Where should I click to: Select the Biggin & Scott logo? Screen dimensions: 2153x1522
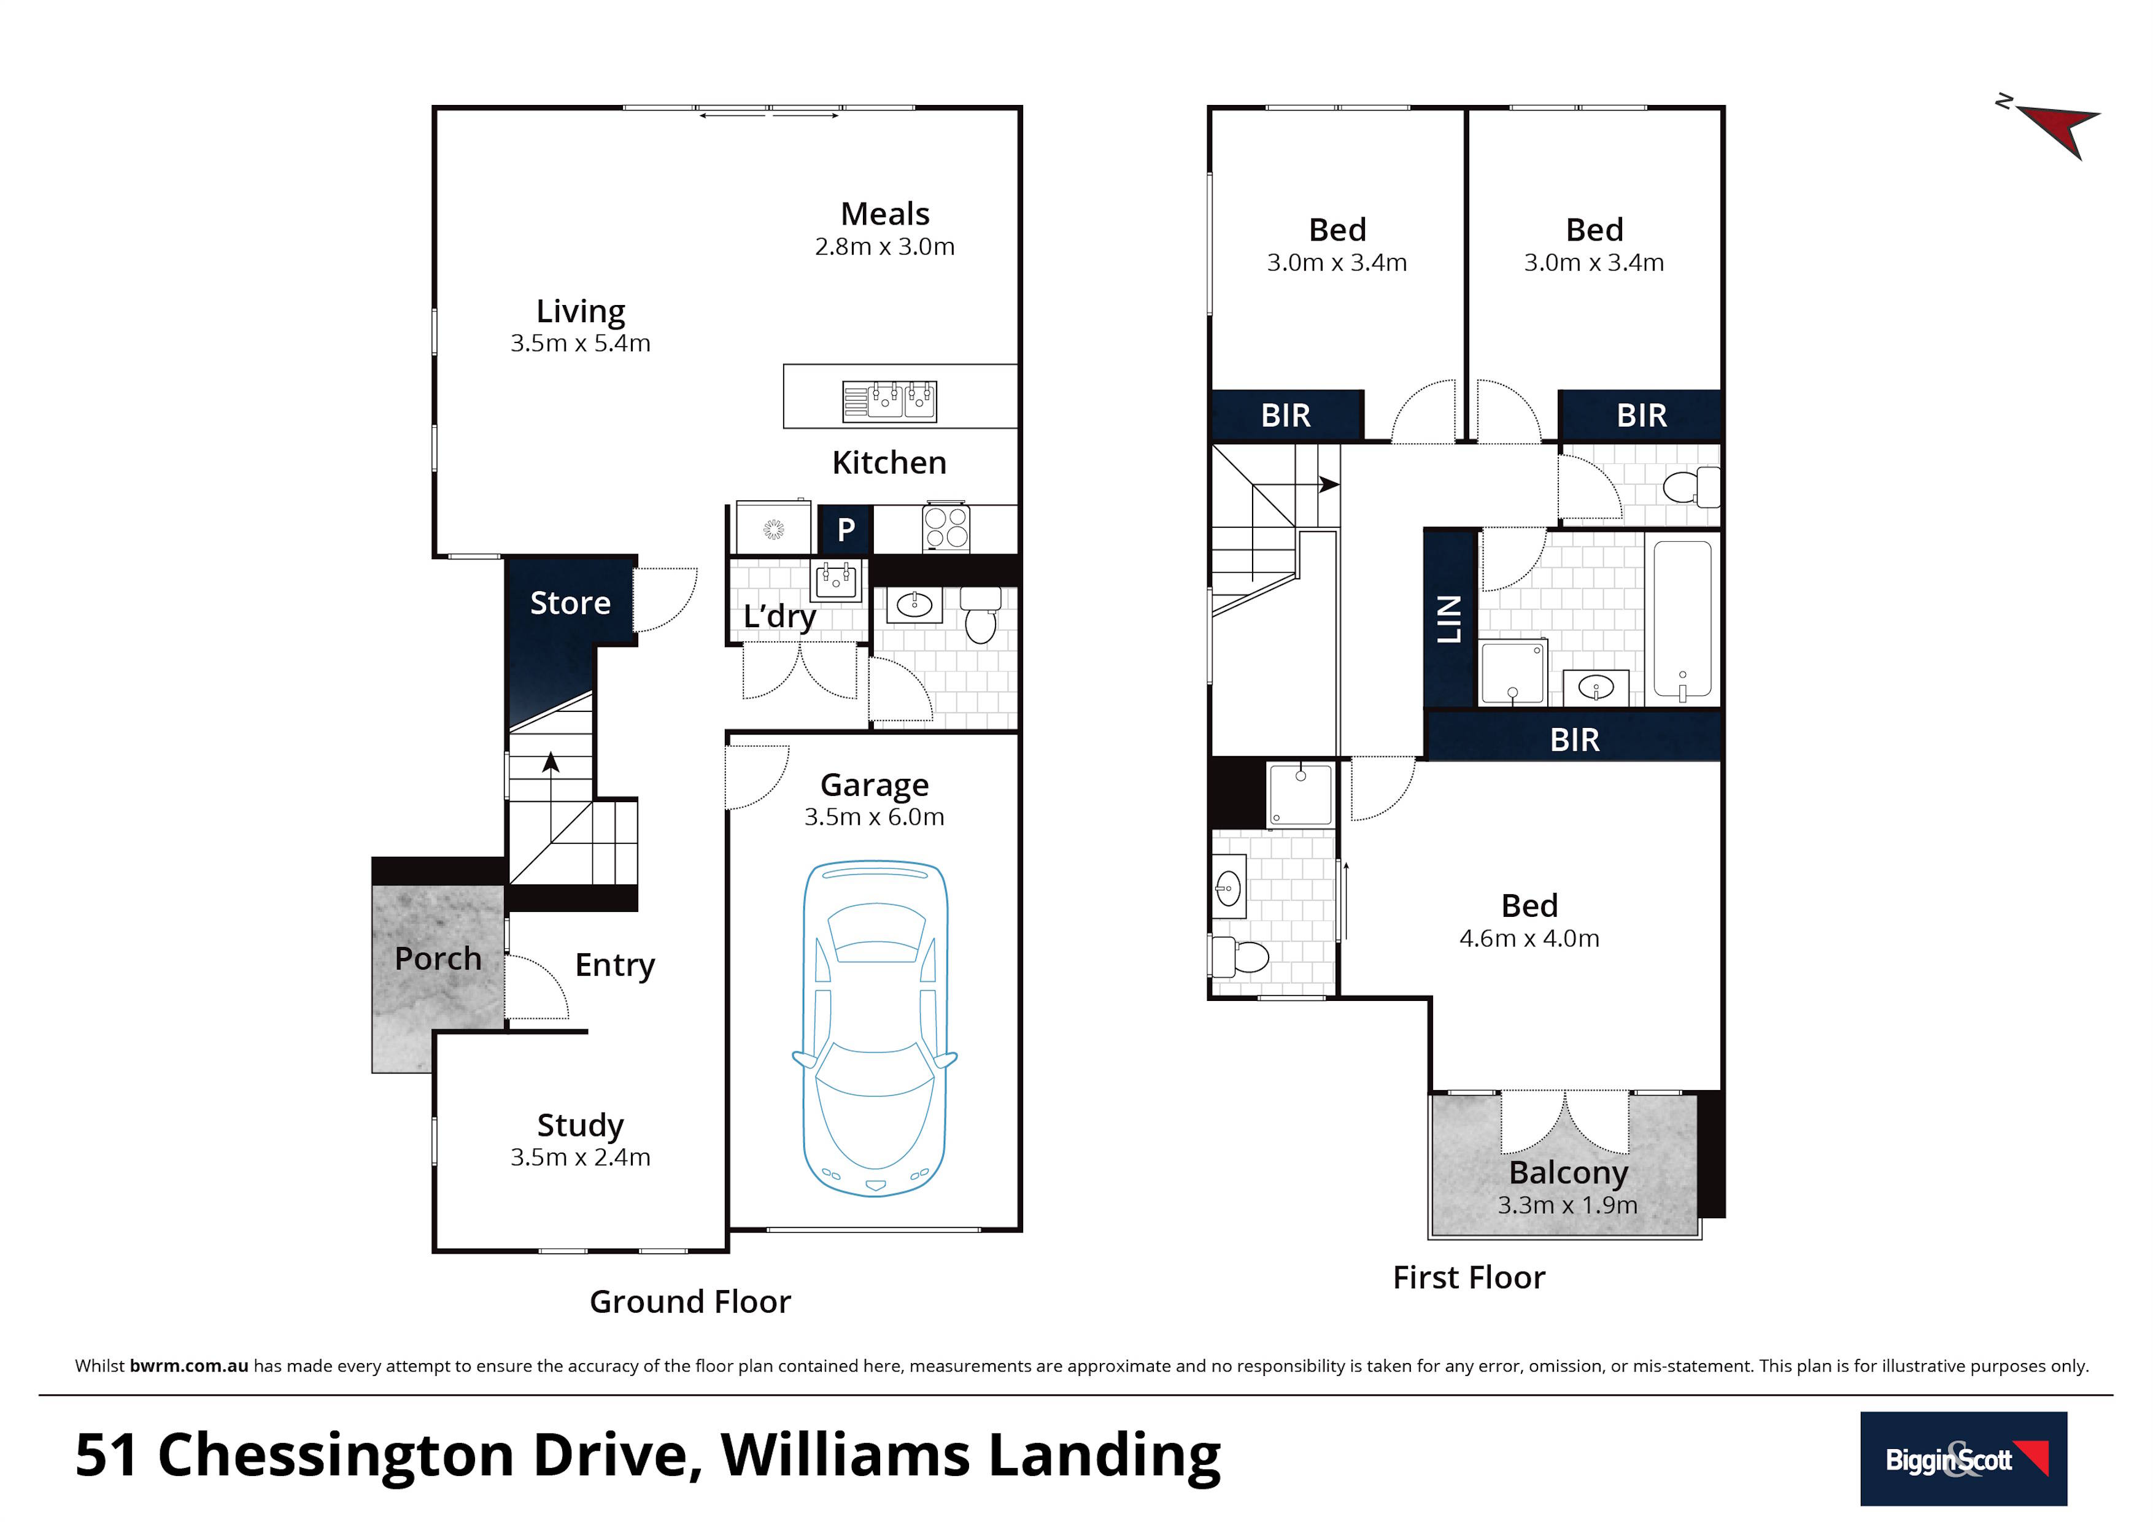pyautogui.click(x=1963, y=1458)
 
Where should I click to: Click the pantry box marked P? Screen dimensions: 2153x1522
pyautogui.click(x=846, y=530)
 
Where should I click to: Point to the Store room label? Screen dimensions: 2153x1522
pyautogui.click(x=570, y=603)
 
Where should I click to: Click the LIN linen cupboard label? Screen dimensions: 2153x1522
pyautogui.click(x=1450, y=619)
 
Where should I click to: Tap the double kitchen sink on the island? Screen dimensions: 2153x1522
pyautogui.click(x=889, y=401)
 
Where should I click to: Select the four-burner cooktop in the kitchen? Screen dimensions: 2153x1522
pyautogui.click(x=945, y=527)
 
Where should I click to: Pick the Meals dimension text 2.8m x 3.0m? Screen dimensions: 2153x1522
pyautogui.click(x=884, y=247)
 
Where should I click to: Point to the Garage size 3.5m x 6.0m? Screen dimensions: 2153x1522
pyautogui.click(x=874, y=817)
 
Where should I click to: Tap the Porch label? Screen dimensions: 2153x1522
pyautogui.click(x=438, y=959)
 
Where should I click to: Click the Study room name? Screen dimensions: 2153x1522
pyautogui.click(x=581, y=1126)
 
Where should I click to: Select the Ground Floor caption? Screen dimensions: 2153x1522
pyautogui.click(x=690, y=1302)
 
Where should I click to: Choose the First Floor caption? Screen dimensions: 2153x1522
pyautogui.click(x=1469, y=1277)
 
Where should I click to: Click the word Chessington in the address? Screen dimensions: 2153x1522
pyautogui.click(x=337, y=1456)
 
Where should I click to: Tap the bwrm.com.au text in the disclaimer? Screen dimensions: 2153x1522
pyautogui.click(x=188, y=1366)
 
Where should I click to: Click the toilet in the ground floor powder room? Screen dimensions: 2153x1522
pyautogui.click(x=981, y=615)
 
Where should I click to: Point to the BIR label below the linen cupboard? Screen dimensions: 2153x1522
pyautogui.click(x=1574, y=740)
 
